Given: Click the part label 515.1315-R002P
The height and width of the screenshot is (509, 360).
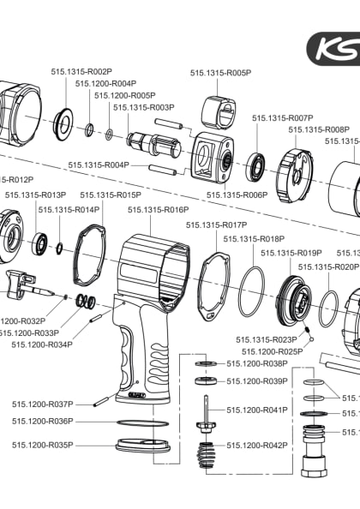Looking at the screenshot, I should coord(81,72).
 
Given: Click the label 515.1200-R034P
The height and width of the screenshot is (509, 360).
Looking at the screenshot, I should coord(42,344).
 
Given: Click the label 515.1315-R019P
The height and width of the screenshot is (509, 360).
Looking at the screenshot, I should coord(291,253).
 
